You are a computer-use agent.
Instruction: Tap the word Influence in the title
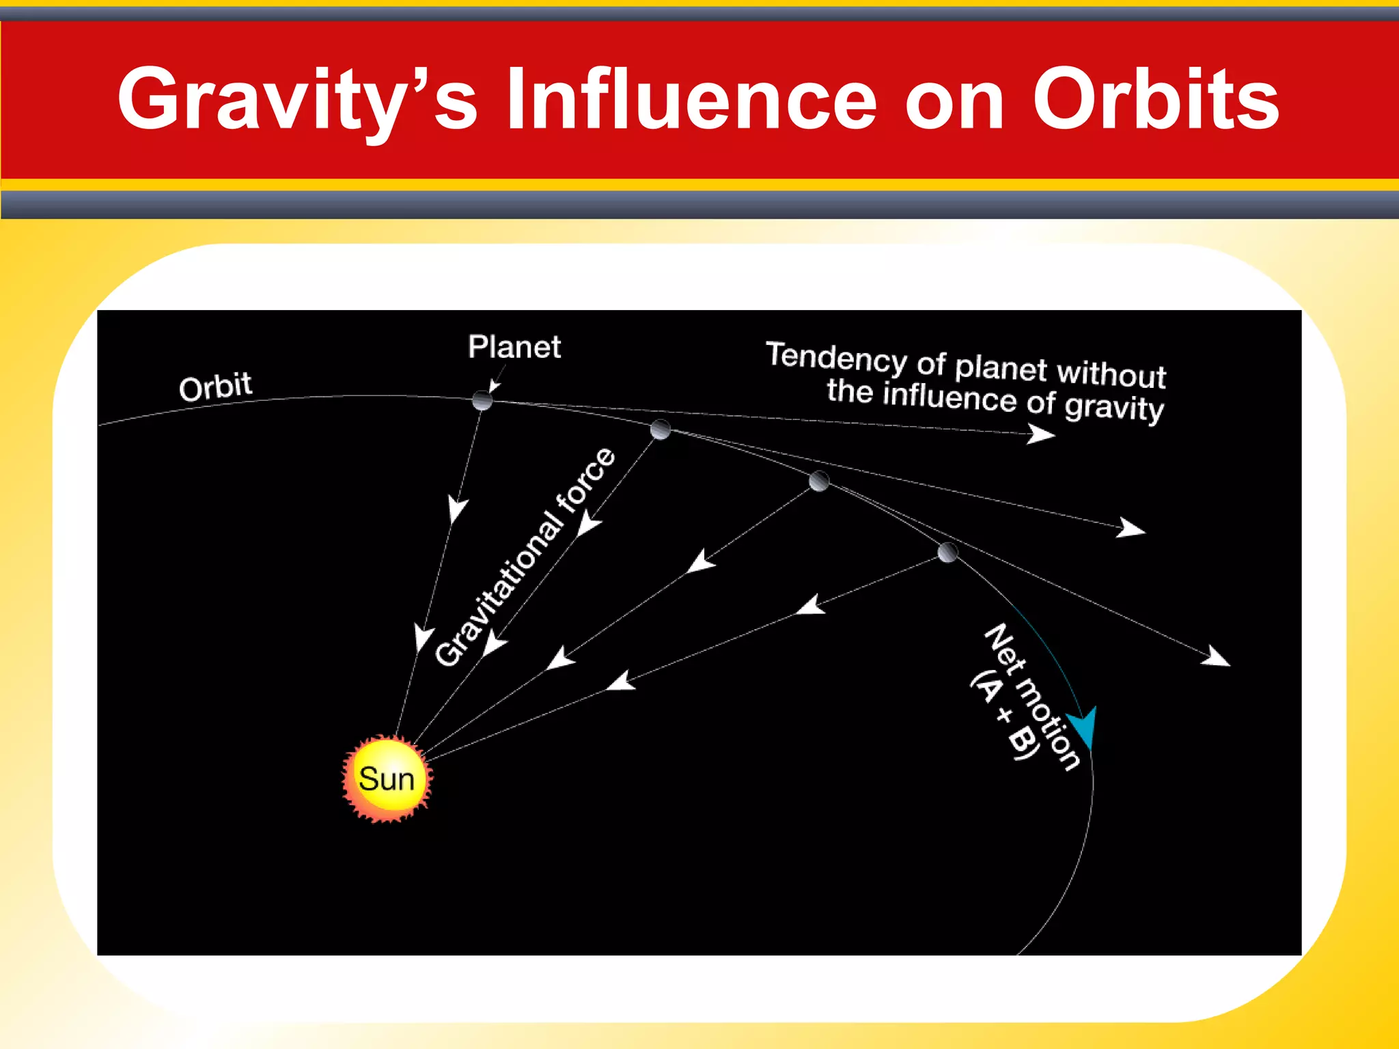pos(691,100)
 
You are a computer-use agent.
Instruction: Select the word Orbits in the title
pos(1154,100)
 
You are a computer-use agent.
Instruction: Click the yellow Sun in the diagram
pos(387,779)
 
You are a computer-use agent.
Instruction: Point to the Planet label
pos(514,347)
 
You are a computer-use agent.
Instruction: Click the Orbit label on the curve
pos(215,387)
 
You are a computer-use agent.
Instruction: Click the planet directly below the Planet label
pos(482,400)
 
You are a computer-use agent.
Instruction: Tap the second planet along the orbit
pos(660,430)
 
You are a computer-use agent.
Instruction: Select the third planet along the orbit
pos(819,481)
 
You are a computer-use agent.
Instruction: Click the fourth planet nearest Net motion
pos(947,552)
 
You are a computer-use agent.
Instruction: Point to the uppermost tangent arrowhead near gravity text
pos(1041,434)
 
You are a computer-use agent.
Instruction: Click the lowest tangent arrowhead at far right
pos(1217,656)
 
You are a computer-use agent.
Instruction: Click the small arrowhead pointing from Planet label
pos(494,387)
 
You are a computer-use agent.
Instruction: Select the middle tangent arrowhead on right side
pos(1131,528)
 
